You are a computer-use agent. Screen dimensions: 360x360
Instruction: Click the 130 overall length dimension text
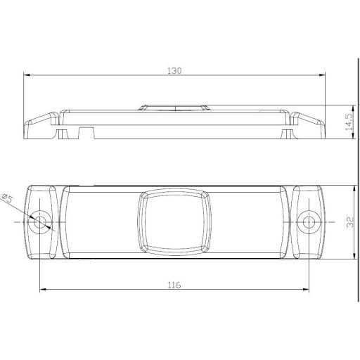[175, 70]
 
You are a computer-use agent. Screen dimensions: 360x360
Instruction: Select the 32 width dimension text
[348, 222]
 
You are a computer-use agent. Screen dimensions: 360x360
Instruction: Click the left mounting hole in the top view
[42, 223]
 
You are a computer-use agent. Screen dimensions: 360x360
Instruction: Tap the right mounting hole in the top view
[308, 223]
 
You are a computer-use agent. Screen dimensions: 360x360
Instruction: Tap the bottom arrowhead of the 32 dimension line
[351, 257]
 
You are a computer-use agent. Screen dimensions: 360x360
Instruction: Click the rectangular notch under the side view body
[86, 131]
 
